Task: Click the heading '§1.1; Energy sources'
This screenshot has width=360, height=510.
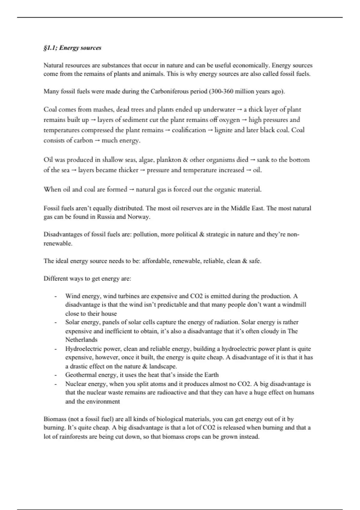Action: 72,48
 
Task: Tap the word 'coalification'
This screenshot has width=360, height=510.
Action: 189,130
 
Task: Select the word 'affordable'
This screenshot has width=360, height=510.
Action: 156,261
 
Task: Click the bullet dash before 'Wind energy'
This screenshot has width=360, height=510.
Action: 55,296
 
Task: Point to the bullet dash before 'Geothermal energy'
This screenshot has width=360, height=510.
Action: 55,375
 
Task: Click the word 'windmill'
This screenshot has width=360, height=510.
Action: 295,305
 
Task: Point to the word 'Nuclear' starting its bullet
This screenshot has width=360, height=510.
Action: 75,384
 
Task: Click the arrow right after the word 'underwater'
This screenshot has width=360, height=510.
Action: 239,110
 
